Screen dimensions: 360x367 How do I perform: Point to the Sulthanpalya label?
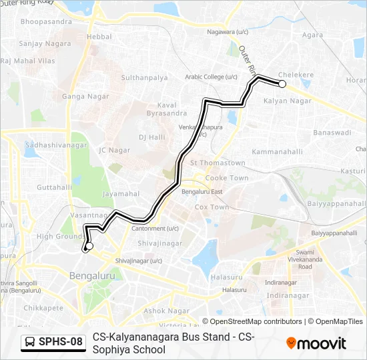tap(144, 78)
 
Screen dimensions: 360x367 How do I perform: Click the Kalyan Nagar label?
tap(288, 101)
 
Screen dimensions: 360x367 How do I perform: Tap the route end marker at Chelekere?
tap(282, 84)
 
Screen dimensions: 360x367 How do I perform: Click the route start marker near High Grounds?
tap(88, 246)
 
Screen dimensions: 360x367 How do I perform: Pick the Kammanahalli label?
tap(277, 152)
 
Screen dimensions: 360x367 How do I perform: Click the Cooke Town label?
tap(227, 178)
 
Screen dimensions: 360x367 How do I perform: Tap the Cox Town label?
tap(211, 207)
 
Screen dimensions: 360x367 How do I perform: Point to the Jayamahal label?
tap(121, 194)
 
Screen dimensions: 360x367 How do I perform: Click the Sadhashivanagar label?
tap(56, 145)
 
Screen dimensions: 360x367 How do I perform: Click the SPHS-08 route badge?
tap(54, 342)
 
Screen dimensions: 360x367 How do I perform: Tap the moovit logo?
tap(316, 343)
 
